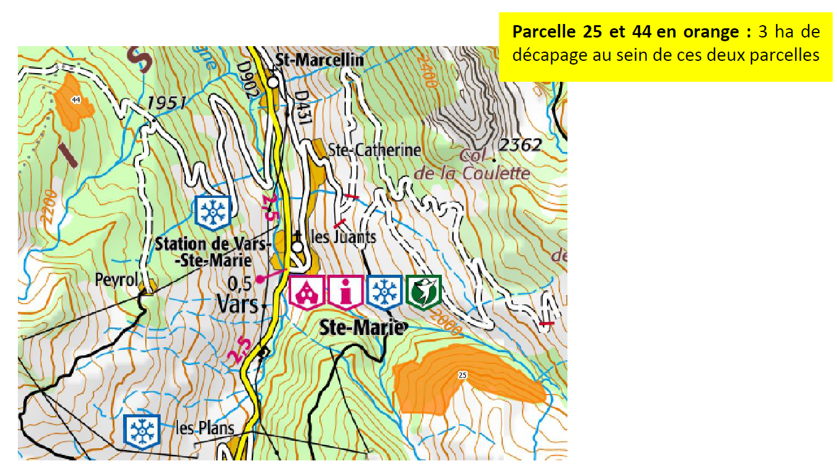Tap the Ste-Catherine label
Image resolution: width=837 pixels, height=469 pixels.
(374, 150)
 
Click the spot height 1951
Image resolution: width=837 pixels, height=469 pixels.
(166, 103)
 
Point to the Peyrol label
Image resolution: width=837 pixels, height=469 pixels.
(115, 280)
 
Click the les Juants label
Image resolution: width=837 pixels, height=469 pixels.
(343, 237)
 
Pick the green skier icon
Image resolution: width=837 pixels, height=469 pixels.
(423, 291)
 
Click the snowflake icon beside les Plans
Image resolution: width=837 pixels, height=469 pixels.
(142, 430)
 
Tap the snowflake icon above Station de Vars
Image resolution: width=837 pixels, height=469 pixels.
(213, 211)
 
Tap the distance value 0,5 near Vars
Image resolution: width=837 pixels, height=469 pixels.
(239, 283)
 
